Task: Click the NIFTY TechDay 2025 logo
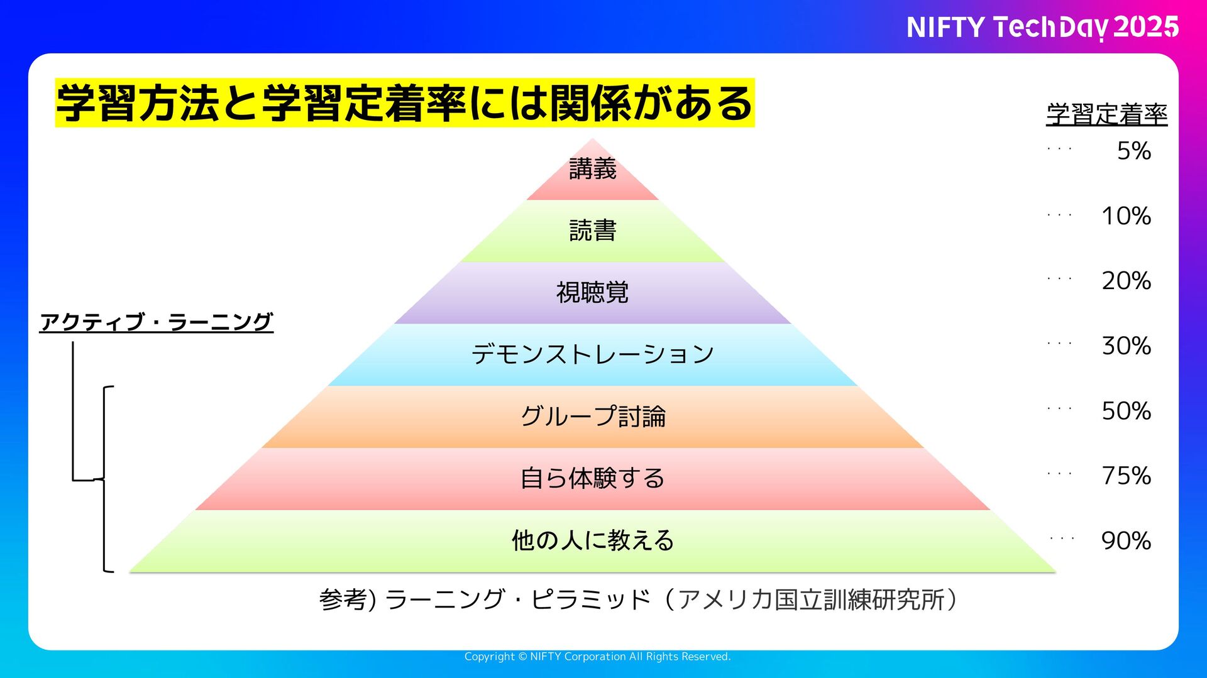tap(1042, 28)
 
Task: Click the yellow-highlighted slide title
tap(404, 103)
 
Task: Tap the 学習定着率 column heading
tap(1106, 114)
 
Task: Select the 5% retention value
tap(1133, 151)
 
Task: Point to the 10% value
tap(1126, 216)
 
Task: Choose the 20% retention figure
tap(1126, 281)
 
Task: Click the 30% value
tap(1126, 346)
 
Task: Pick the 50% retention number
tap(1126, 411)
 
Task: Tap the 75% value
tap(1126, 476)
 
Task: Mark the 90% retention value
tap(1126, 540)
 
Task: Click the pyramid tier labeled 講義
tap(592, 169)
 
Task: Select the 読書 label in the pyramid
tap(592, 231)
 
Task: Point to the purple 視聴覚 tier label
tap(592, 292)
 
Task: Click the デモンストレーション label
tap(592, 354)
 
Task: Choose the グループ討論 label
tap(592, 416)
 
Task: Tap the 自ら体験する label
tap(592, 478)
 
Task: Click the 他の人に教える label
tap(592, 540)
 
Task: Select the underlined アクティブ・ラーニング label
tap(156, 322)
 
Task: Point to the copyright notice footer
tap(597, 657)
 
